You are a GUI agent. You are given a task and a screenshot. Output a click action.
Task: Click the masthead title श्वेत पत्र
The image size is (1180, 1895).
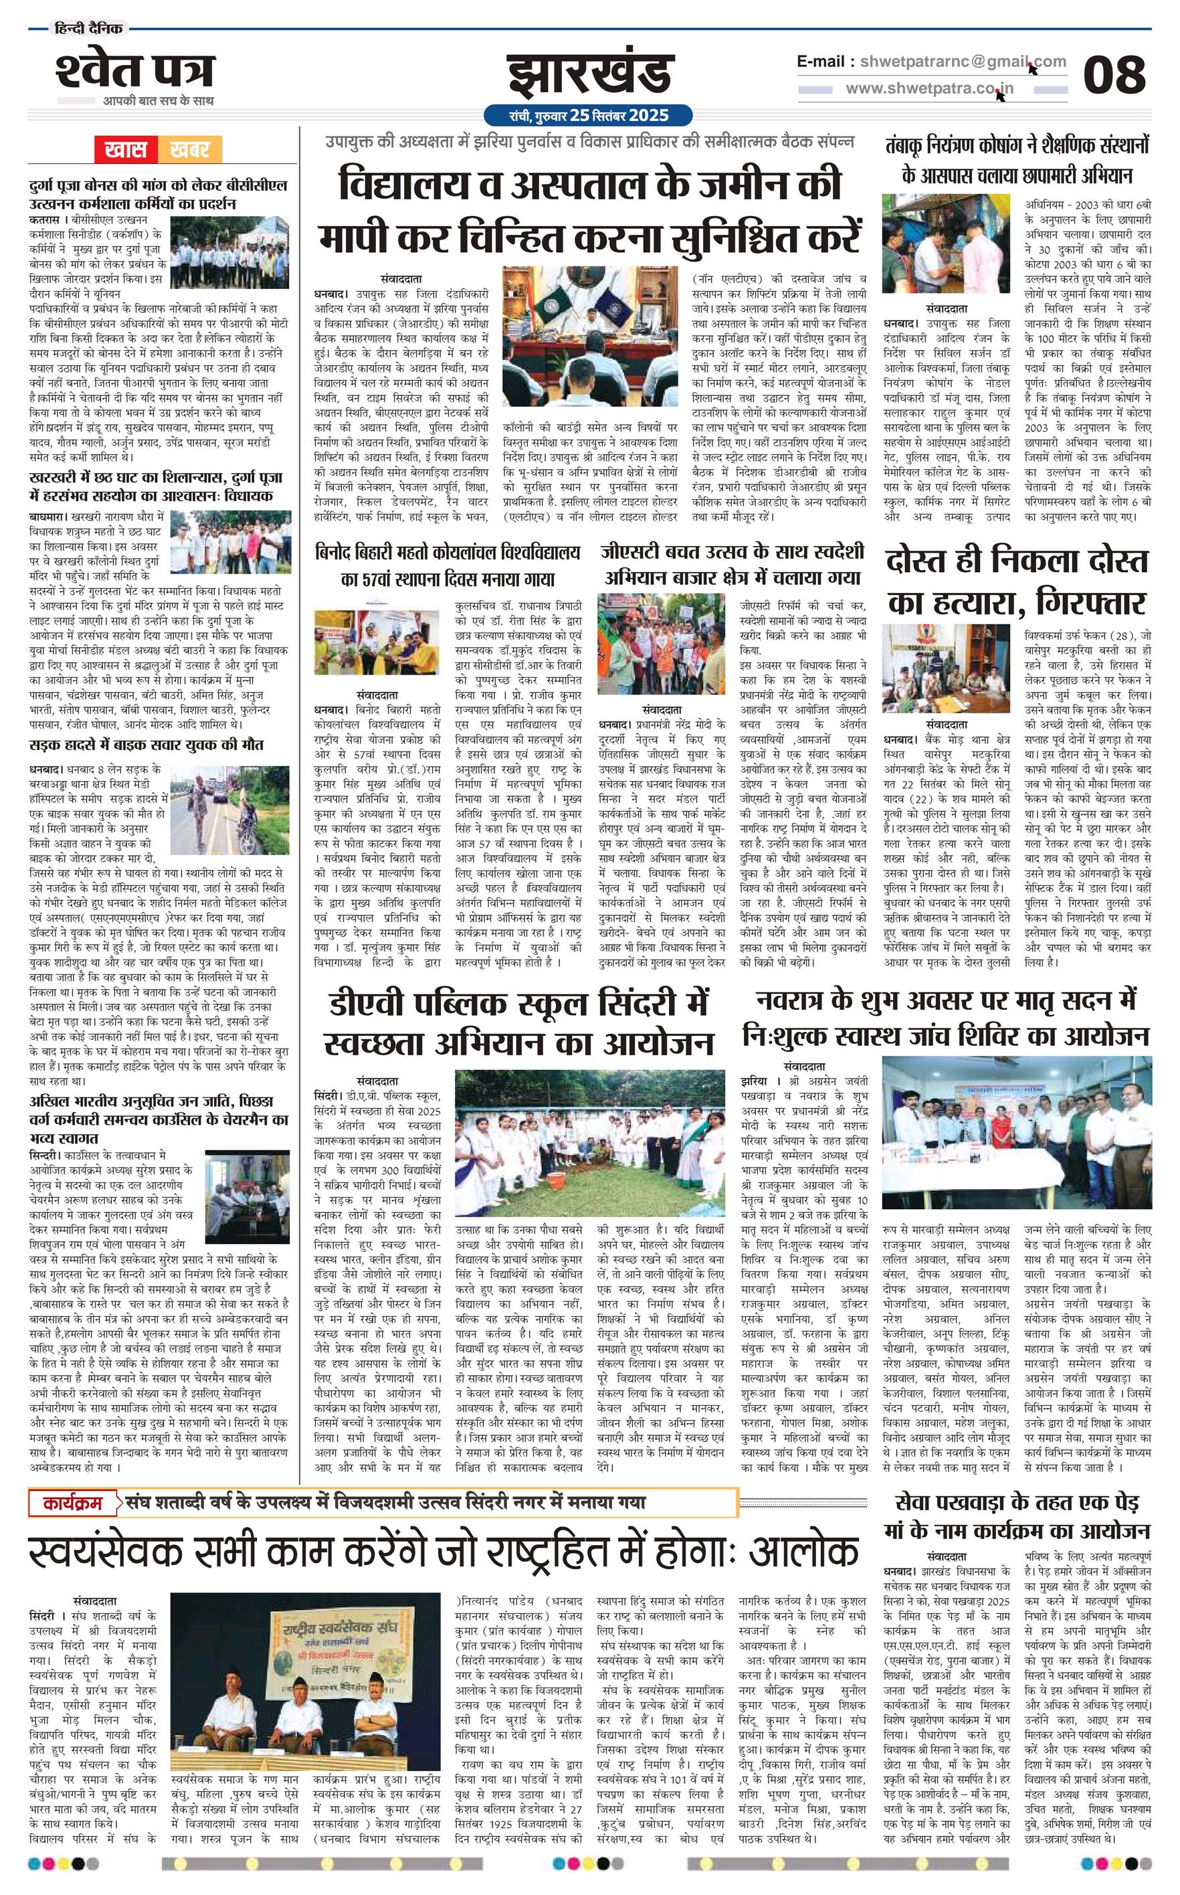(134, 70)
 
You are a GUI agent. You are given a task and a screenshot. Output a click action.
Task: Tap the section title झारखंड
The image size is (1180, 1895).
(589, 75)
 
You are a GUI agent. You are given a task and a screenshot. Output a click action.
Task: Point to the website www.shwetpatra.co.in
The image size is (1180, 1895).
(930, 88)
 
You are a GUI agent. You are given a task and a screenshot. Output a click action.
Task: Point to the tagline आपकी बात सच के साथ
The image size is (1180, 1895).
(159, 100)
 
